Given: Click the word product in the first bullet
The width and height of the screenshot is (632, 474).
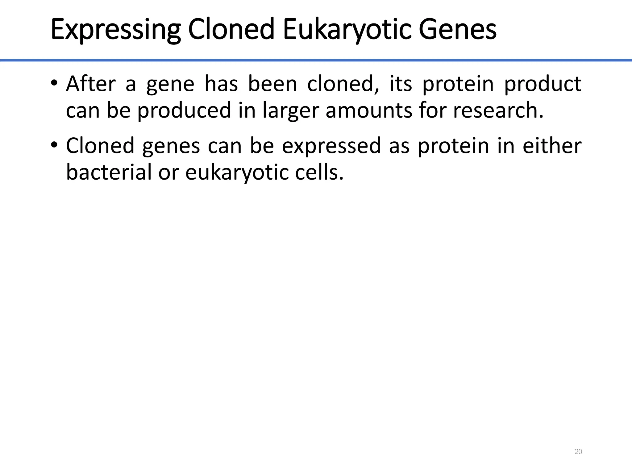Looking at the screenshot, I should (543, 84).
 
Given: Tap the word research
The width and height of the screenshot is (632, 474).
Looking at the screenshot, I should (498, 110).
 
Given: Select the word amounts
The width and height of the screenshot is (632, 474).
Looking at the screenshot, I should (369, 110).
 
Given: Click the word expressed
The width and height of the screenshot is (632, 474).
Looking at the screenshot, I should (331, 146).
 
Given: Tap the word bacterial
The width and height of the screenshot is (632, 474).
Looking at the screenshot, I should (108, 172).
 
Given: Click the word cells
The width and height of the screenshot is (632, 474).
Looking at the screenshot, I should (319, 172).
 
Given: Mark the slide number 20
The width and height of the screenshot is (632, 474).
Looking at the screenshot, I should (578, 452).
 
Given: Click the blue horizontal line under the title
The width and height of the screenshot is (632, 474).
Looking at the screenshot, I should (316, 60).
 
